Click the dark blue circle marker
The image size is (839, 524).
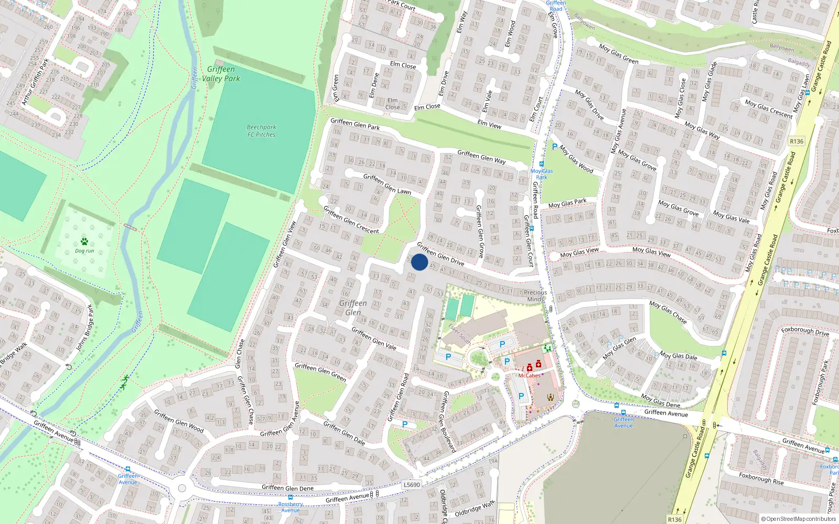419,262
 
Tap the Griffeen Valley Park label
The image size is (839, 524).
221,74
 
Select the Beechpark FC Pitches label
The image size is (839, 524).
261,131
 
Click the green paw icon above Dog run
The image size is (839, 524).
84,242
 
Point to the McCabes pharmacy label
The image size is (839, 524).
529,375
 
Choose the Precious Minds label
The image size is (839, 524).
535,296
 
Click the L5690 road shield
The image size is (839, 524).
412,485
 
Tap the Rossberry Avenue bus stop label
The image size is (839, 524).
291,507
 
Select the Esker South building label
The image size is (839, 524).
459,334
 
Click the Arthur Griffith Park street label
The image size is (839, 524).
35,81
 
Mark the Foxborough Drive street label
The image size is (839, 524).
805,331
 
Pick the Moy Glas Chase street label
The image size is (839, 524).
668,311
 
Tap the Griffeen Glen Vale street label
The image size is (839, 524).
374,339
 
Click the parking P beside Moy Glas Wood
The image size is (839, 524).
555,147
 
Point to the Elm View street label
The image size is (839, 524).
489,124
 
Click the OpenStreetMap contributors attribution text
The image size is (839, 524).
798,519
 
